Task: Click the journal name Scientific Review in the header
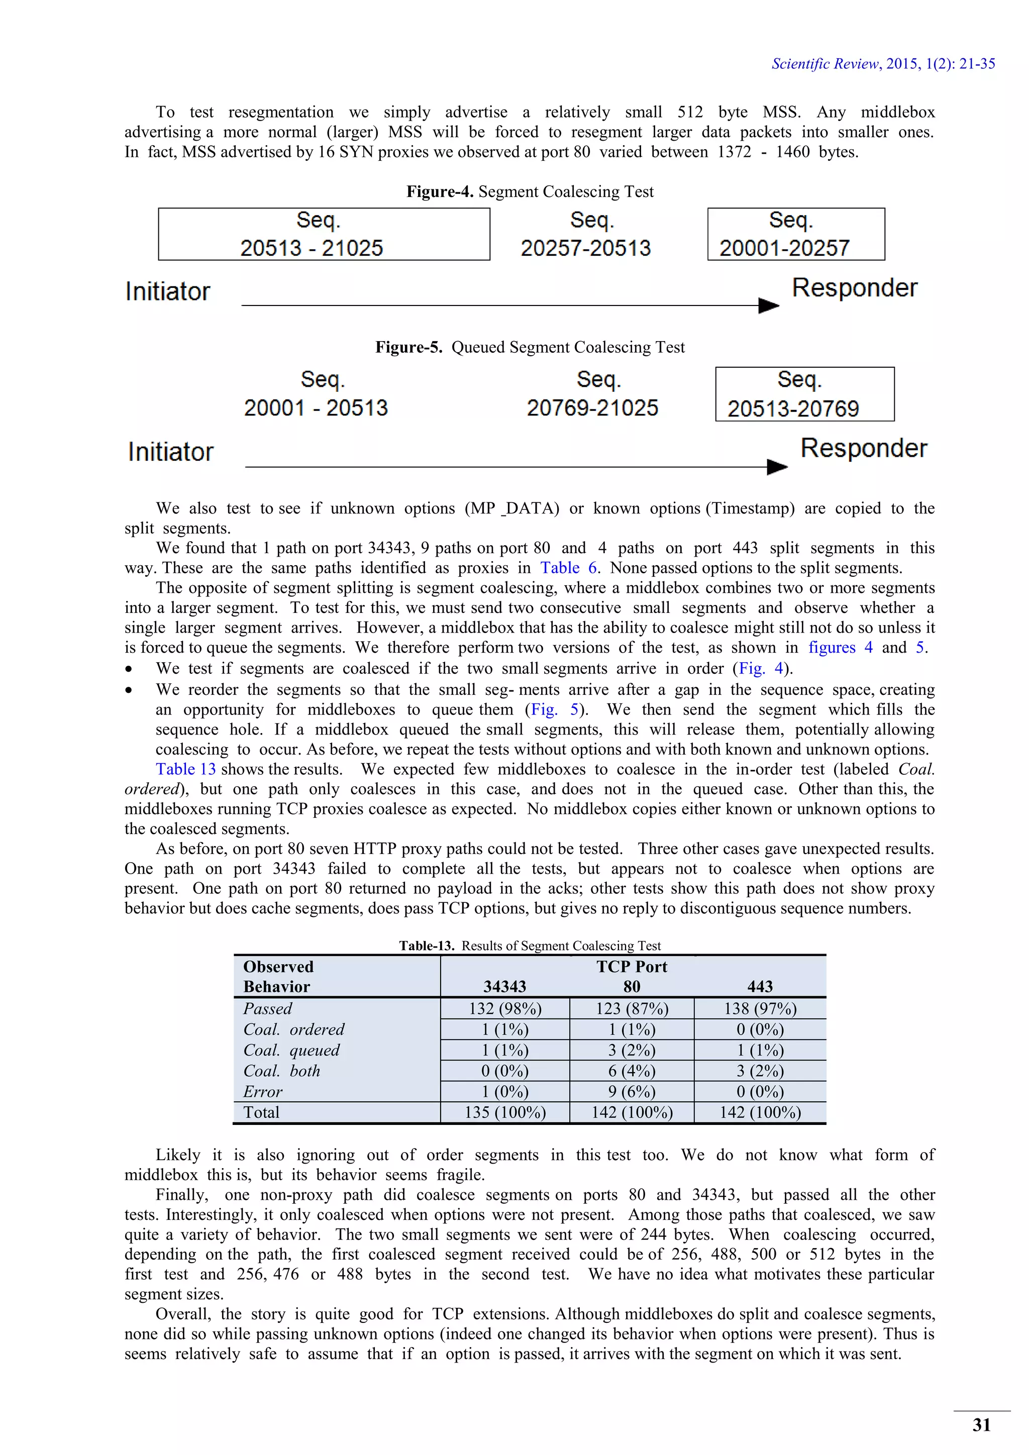(825, 63)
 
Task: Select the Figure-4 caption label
(440, 191)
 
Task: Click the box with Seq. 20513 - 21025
(324, 234)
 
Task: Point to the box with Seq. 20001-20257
(796, 234)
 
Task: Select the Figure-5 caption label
(408, 347)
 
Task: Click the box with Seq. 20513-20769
(805, 394)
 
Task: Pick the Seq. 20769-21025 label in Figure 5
(592, 394)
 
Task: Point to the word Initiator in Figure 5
(170, 452)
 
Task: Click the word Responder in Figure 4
(854, 288)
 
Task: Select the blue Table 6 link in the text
(568, 568)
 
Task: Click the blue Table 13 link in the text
(185, 769)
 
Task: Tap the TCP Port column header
(632, 967)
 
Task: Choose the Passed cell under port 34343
(505, 1009)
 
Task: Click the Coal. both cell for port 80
(632, 1071)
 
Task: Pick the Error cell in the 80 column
(632, 1092)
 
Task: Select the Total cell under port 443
(760, 1113)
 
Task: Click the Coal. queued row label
(291, 1050)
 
